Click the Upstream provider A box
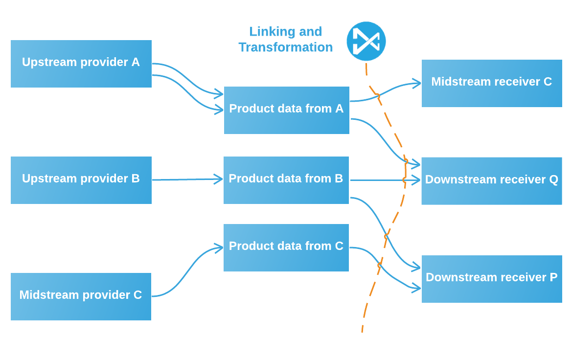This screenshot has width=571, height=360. (x=81, y=64)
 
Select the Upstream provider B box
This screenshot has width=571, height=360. (x=81, y=180)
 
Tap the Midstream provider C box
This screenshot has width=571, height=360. (x=81, y=296)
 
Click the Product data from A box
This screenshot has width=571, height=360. (x=287, y=110)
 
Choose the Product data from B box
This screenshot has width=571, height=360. (x=286, y=180)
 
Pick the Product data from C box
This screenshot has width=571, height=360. (x=286, y=247)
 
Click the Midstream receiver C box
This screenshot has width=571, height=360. (x=492, y=83)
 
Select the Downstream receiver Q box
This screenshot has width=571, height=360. (x=492, y=180)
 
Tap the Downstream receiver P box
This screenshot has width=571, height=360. (x=492, y=279)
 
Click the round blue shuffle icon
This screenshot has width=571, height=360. (x=366, y=41)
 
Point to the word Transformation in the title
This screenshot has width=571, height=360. (x=286, y=47)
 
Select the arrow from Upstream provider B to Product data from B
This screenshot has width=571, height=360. (x=186, y=180)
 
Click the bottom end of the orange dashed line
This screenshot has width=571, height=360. (x=362, y=331)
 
